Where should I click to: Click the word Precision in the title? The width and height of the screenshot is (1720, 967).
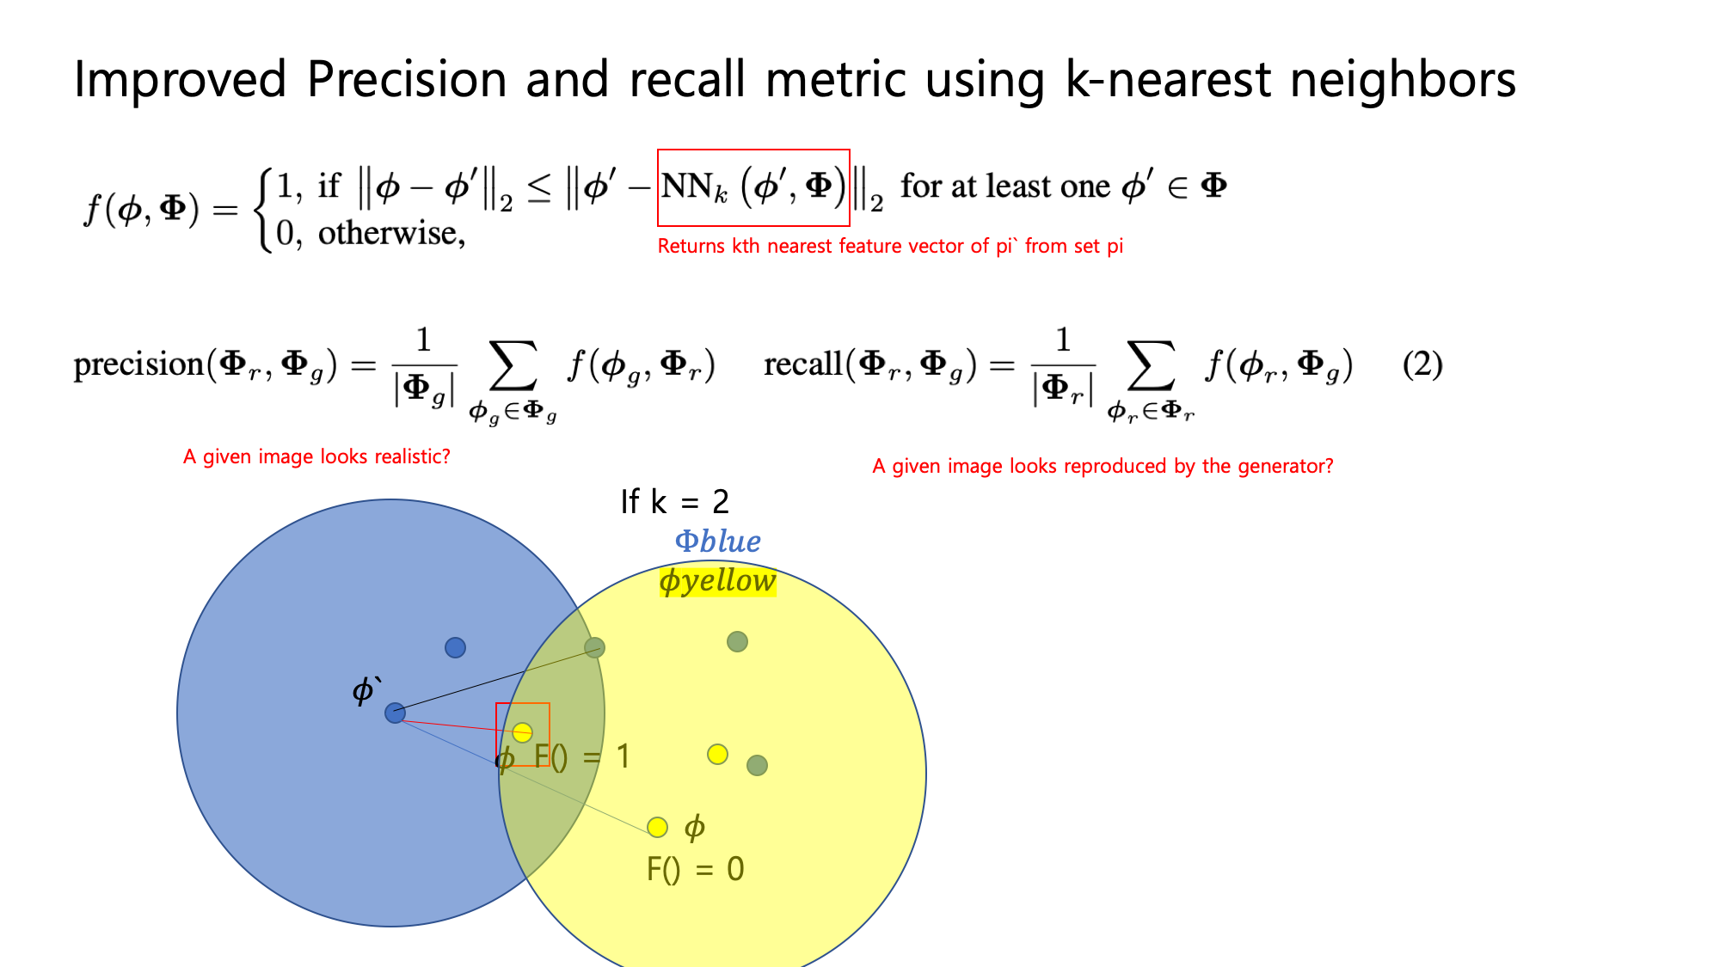pos(407,79)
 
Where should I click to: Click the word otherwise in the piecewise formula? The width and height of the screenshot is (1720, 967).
pos(391,233)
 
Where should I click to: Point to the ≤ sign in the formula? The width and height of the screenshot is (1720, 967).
pos(539,188)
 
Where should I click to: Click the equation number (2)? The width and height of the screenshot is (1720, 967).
pos(1422,364)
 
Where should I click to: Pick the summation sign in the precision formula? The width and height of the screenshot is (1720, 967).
pos(513,364)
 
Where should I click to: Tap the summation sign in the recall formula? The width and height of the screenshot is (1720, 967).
pos(1152,364)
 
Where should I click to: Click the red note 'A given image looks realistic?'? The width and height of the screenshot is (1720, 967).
pos(316,456)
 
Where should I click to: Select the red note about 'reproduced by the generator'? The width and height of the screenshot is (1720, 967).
pos(1103,466)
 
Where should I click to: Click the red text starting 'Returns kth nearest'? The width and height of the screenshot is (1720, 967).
pos(890,246)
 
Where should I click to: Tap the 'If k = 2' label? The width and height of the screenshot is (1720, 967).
pos(674,501)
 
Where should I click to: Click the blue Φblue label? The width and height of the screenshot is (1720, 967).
pos(717,542)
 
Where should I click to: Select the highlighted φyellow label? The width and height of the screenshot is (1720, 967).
pos(717,581)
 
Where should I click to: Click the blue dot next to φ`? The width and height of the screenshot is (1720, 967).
pos(395,713)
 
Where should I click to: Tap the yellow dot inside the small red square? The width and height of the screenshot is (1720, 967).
pos(522,732)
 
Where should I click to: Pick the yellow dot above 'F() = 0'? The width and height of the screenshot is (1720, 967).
pos(657,827)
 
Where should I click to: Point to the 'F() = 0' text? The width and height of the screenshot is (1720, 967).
pos(695,869)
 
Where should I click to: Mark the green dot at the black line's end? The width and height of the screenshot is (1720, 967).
pos(594,647)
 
